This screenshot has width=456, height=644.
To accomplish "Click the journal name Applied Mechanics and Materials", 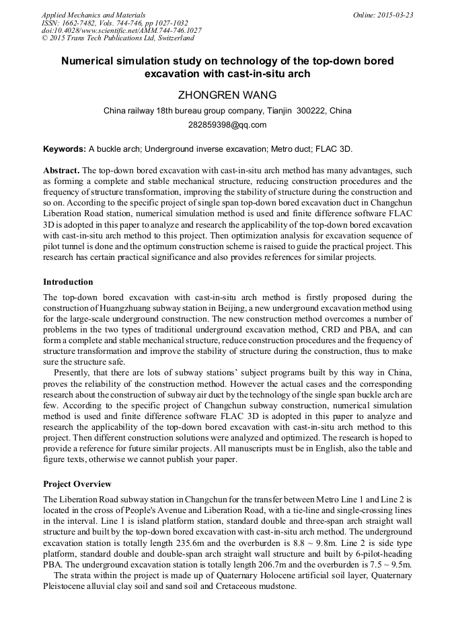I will [93, 14].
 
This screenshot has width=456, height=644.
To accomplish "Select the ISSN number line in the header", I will [114, 22].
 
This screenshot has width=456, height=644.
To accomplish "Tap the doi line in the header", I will [121, 30].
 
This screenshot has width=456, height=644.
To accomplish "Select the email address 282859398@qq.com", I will [227, 124].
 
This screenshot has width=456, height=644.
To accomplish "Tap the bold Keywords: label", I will [65, 148].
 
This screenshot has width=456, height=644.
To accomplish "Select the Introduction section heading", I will [68, 281].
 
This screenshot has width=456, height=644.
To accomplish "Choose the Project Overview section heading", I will [77, 484].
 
